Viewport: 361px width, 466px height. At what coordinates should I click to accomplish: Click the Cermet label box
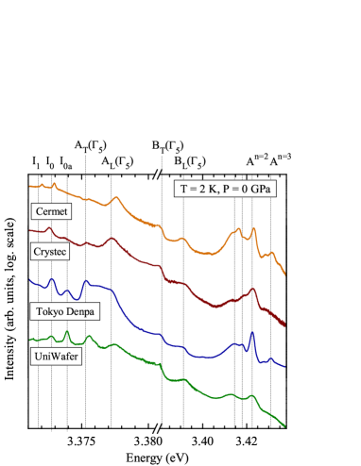point(51,211)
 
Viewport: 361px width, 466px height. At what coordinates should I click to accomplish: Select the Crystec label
point(52,252)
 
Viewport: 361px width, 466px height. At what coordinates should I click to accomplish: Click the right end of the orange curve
point(284,275)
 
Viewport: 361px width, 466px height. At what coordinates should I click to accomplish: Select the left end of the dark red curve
point(31,231)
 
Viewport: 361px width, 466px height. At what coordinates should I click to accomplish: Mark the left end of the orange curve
point(31,187)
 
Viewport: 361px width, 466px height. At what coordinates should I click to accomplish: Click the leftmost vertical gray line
point(39,302)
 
